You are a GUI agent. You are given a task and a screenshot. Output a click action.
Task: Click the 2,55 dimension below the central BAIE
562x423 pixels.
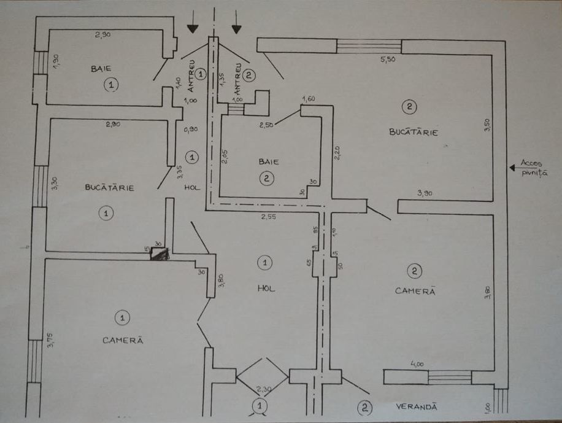pyautogui.click(x=268, y=216)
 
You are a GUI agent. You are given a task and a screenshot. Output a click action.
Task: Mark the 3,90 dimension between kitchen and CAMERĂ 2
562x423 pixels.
pyautogui.click(x=425, y=193)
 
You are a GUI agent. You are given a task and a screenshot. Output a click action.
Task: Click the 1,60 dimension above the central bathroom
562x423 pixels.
pyautogui.click(x=308, y=99)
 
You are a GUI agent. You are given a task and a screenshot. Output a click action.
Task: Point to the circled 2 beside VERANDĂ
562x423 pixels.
pyautogui.click(x=364, y=406)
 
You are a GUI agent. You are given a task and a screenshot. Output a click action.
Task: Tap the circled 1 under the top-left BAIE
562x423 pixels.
pyautogui.click(x=111, y=85)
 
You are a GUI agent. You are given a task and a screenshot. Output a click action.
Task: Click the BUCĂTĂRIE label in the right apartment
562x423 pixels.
pyautogui.click(x=414, y=132)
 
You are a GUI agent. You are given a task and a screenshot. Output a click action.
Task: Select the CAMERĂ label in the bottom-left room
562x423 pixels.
pyautogui.click(x=123, y=340)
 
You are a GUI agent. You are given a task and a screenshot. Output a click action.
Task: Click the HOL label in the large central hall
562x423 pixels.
pyautogui.click(x=266, y=287)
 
